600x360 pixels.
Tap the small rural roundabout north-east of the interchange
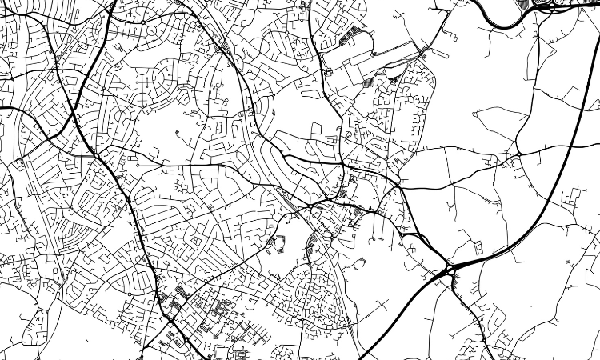pyautogui.click(x=518, y=152)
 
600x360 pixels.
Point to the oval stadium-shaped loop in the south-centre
pyautogui.click(x=279, y=242)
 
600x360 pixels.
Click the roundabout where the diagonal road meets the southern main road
pyautogui.click(x=170, y=322)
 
